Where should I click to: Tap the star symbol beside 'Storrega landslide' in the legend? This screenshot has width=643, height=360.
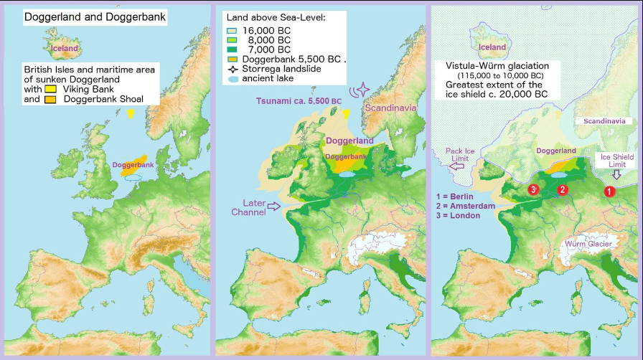pos(230,69)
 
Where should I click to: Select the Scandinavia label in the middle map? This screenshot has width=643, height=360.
pos(390,107)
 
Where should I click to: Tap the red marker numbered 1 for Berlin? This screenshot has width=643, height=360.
pos(609,191)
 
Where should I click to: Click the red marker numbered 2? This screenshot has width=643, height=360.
pos(563,189)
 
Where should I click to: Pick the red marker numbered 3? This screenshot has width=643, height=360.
pos(533,189)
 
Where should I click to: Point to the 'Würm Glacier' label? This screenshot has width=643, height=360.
pos(588,245)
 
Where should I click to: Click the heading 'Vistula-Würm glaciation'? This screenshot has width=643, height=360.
pos(489,65)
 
